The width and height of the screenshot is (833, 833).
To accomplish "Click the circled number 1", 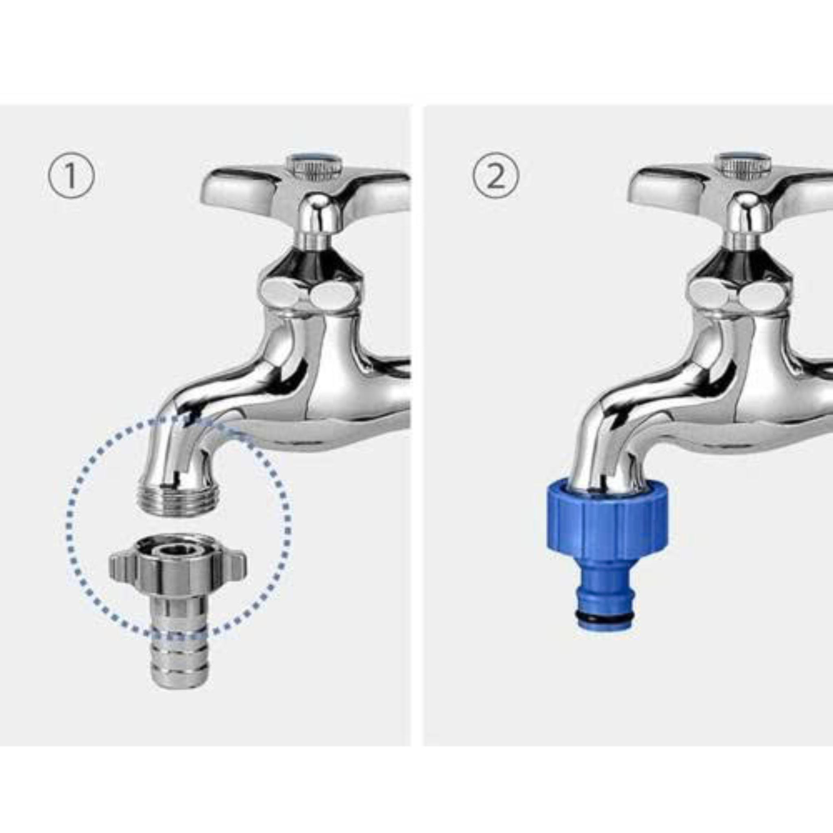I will [x=71, y=175].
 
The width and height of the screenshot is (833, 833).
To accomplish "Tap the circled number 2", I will [x=496, y=175].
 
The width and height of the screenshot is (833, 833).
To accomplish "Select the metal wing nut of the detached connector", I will [x=178, y=565].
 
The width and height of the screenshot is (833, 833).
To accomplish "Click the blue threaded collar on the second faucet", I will [x=607, y=519].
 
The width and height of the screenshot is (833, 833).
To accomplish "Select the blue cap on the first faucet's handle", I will [x=315, y=158].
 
